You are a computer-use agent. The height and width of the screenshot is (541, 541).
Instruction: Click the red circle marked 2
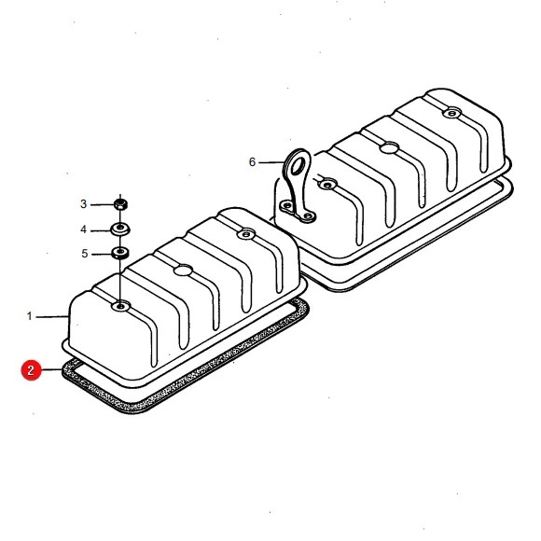[31, 370]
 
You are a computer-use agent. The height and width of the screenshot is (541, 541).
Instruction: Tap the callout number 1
[30, 316]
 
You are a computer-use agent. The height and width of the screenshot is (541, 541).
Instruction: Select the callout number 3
[84, 204]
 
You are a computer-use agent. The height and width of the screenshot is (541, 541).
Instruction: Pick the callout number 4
[84, 229]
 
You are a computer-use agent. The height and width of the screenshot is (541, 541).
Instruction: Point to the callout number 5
[85, 254]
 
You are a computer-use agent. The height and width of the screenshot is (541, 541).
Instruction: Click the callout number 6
[252, 161]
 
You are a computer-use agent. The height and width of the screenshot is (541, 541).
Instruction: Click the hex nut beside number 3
[120, 204]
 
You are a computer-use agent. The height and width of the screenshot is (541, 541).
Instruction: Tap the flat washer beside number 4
[120, 229]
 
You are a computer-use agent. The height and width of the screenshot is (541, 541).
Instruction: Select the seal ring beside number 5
[120, 253]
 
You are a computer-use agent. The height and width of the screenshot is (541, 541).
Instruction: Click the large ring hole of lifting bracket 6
[297, 165]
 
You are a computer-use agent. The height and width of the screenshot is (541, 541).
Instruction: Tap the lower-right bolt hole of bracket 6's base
[309, 216]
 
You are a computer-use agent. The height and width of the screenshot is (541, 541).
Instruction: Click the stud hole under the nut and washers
[120, 306]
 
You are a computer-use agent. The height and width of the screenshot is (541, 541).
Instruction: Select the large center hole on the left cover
[183, 270]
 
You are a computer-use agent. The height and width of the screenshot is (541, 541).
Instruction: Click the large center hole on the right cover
[390, 148]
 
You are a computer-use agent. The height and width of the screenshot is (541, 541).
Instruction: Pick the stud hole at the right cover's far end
[452, 113]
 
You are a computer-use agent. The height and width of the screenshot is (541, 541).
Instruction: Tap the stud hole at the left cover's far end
[246, 234]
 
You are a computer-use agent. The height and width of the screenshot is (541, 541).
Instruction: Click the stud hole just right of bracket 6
[327, 185]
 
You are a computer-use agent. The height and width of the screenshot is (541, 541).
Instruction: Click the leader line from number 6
[271, 162]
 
